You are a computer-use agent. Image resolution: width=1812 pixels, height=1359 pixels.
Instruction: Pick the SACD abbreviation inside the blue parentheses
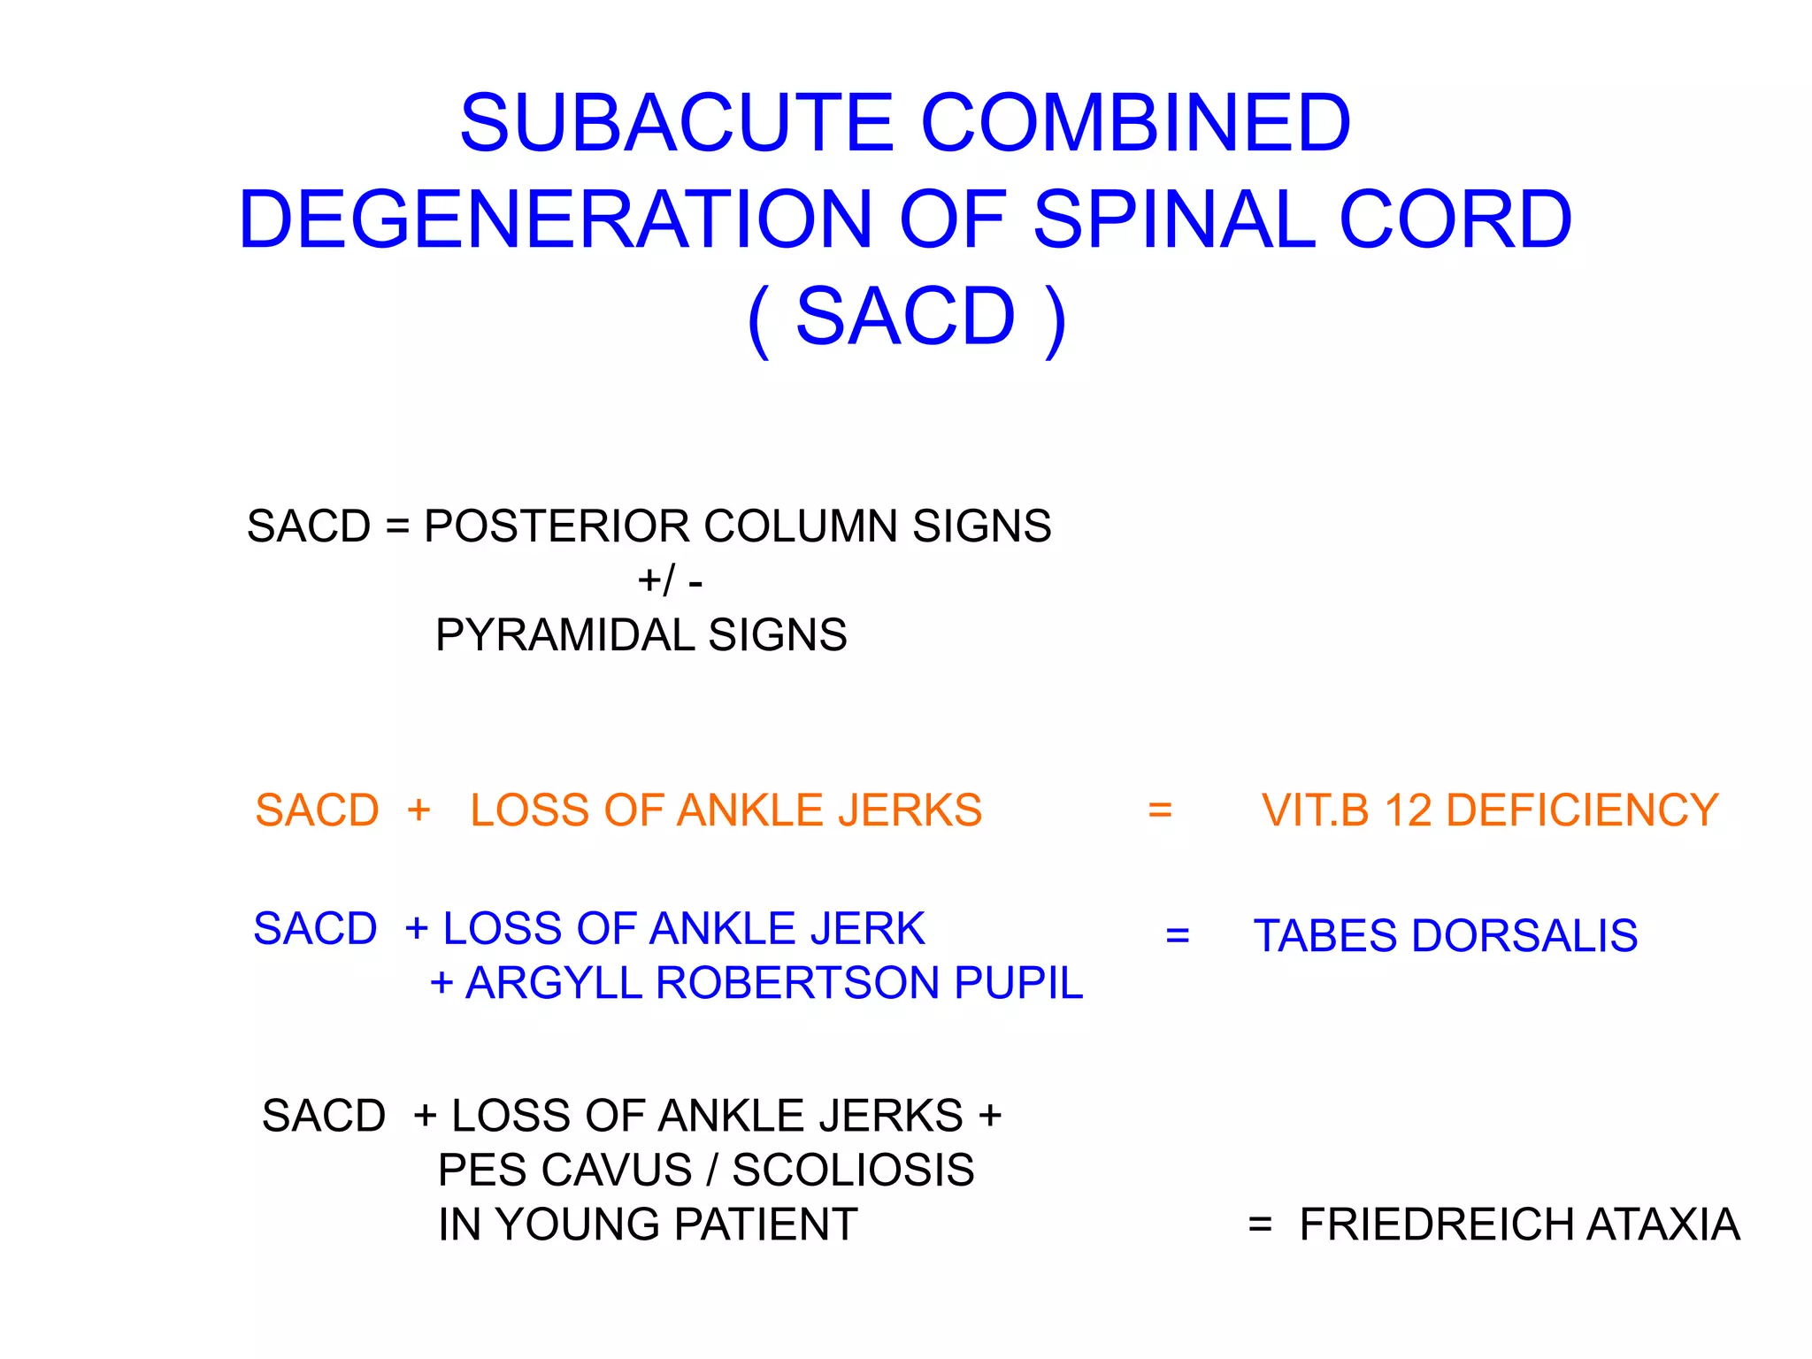[905, 317]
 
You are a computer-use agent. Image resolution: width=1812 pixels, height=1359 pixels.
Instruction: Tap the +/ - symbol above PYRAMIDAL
[670, 581]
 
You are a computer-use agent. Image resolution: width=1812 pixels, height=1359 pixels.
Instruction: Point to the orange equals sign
[1159, 810]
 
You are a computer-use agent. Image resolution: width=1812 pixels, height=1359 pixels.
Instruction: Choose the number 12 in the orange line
[1409, 810]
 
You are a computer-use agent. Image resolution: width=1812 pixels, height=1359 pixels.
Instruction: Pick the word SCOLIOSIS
[853, 1171]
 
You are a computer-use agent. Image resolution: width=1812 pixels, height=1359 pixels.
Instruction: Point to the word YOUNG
[577, 1225]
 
